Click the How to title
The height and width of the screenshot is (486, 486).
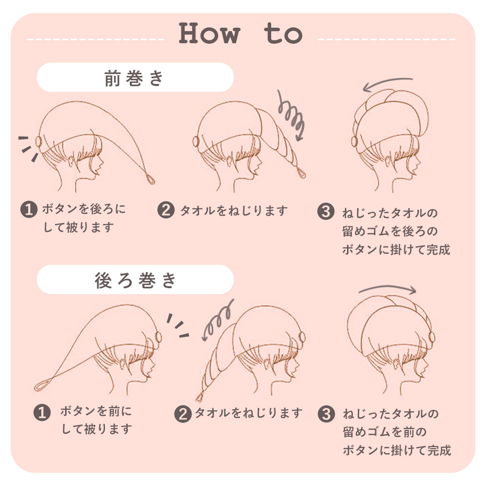[x=241, y=34]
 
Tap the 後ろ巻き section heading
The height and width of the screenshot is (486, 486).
[x=135, y=280]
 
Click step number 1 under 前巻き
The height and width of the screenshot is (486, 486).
[x=29, y=210]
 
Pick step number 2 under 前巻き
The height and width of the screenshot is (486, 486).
[x=166, y=210]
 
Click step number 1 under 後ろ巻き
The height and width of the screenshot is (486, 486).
[x=42, y=413]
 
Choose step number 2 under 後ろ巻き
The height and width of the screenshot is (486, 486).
[x=183, y=414]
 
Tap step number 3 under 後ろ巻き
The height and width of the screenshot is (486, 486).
[x=326, y=414]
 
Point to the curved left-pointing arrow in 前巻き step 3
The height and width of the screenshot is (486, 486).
[x=388, y=84]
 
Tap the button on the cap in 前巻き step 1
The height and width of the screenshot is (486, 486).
[x=38, y=142]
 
